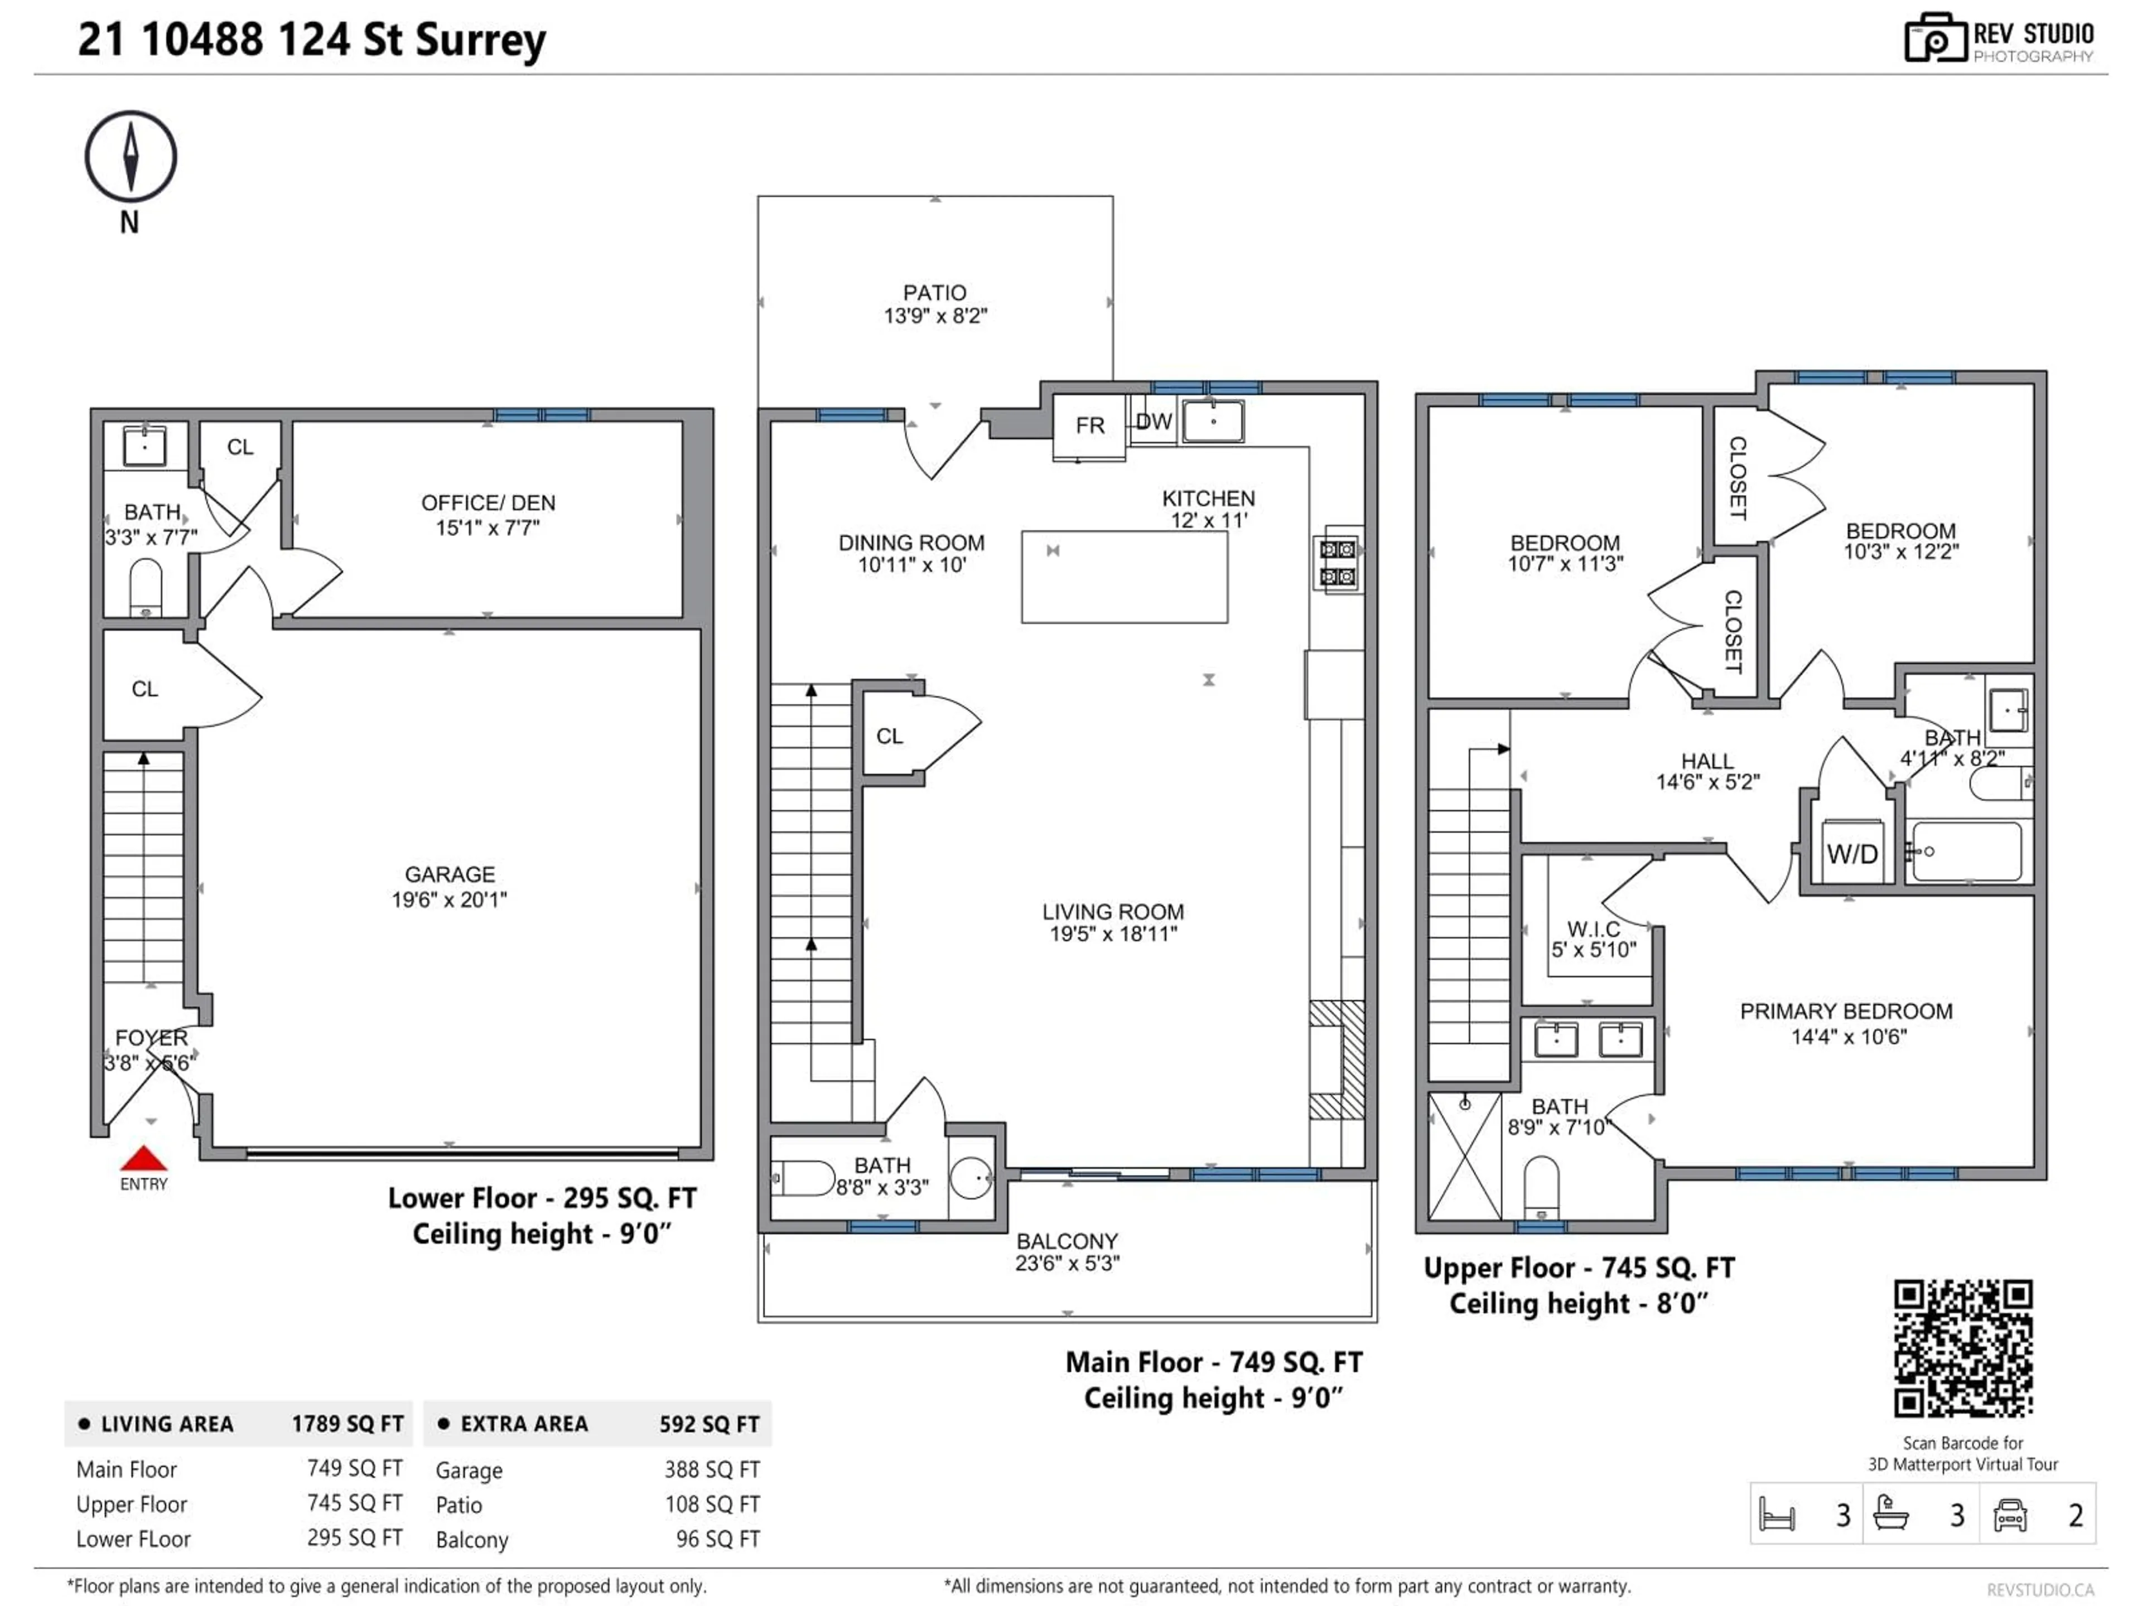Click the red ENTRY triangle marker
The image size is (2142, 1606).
pyautogui.click(x=143, y=1159)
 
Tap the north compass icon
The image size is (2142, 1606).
pyautogui.click(x=131, y=157)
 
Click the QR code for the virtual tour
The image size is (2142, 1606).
pyautogui.click(x=1963, y=1348)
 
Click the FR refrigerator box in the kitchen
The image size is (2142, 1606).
pyautogui.click(x=1089, y=426)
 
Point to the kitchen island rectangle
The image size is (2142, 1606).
pyautogui.click(x=1124, y=577)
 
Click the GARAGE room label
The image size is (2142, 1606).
pyautogui.click(x=449, y=874)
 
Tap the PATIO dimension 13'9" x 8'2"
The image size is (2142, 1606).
pyautogui.click(x=934, y=316)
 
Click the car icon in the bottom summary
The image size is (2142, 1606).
pyautogui.click(x=2010, y=1515)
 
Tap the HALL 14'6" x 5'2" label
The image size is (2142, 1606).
pyautogui.click(x=1707, y=772)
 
